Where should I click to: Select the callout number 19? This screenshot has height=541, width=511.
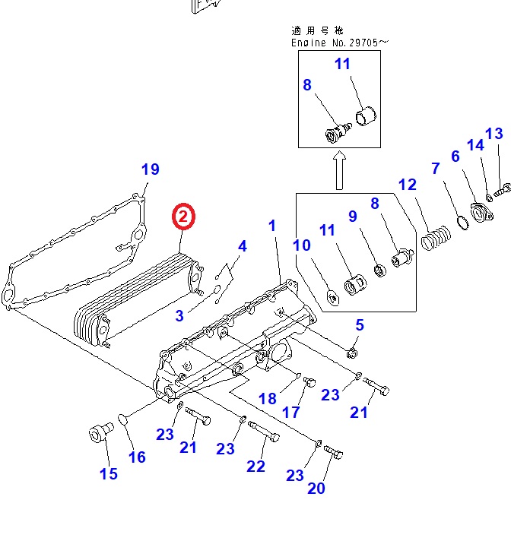click(151, 169)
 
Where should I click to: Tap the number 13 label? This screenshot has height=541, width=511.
click(494, 134)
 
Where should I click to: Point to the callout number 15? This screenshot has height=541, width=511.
click(109, 473)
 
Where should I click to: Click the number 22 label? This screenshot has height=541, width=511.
click(255, 466)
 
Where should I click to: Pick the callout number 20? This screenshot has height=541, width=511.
click(316, 488)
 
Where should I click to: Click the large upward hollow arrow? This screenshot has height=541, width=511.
click(339, 171)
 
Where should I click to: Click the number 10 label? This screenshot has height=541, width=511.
click(302, 245)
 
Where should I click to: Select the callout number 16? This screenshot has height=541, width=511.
click(136, 457)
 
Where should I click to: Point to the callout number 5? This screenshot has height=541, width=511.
click(360, 325)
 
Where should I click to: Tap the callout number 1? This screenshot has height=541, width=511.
click(273, 226)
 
